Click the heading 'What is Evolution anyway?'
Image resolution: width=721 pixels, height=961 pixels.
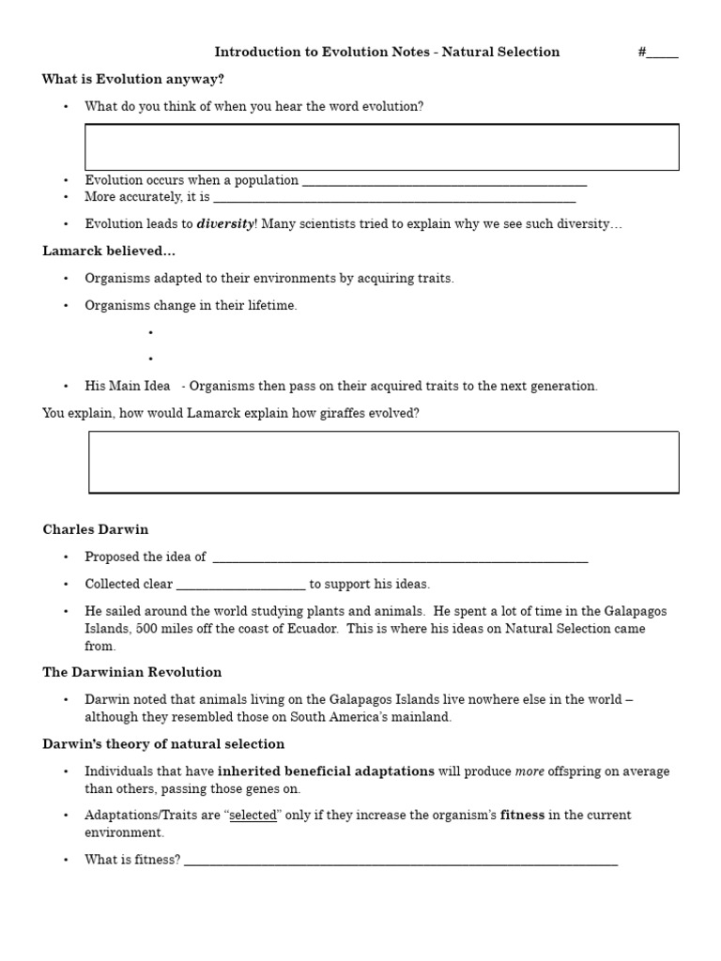click(x=132, y=79)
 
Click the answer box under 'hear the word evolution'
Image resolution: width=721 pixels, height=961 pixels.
click(x=381, y=147)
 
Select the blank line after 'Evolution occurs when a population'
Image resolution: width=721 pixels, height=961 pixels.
click(x=444, y=181)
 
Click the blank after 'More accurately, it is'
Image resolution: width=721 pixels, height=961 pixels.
click(x=394, y=198)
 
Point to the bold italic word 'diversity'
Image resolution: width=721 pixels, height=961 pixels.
click(x=224, y=224)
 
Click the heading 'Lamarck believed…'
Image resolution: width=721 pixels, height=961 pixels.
click(x=109, y=251)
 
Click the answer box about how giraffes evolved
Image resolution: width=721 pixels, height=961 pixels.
click(x=383, y=462)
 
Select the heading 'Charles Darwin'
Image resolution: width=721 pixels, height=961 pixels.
click(x=96, y=529)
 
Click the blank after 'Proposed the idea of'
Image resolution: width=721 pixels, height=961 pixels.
click(x=400, y=557)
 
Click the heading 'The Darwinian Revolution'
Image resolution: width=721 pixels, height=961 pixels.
click(x=132, y=672)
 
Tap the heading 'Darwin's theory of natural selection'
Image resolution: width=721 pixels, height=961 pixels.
click(x=163, y=744)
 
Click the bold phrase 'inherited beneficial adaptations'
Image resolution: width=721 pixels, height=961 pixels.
click(x=326, y=771)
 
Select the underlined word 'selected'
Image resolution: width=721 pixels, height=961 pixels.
click(x=253, y=816)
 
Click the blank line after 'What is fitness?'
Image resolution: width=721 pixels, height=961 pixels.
click(x=401, y=860)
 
